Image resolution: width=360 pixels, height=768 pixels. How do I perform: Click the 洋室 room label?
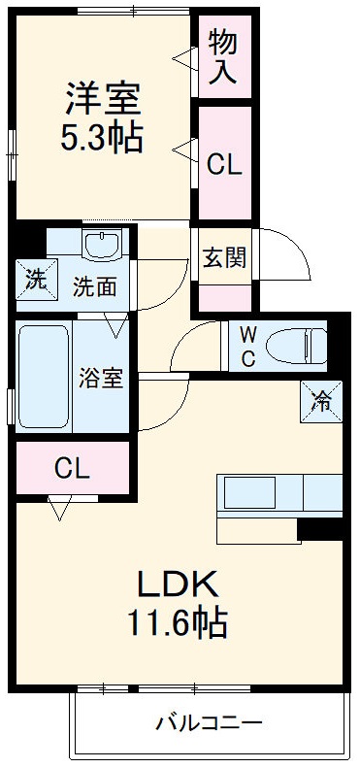[104, 98]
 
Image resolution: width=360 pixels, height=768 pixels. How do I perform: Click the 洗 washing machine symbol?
[36, 282]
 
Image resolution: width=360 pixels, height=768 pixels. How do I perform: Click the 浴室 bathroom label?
[101, 377]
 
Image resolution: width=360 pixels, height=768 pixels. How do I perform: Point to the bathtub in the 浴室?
[44, 377]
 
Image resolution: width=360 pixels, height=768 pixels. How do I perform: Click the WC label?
[248, 347]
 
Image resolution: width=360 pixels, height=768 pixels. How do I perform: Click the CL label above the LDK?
[72, 470]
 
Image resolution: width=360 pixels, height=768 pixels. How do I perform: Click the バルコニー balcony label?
[209, 723]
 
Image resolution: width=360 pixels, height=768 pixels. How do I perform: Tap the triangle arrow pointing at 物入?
[184, 58]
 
